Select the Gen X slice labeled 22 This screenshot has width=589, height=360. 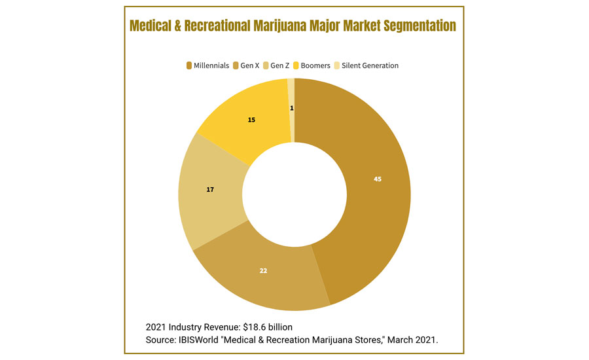[262, 275]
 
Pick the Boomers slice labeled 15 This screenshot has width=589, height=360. [252, 121]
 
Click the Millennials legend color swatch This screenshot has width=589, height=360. [189, 65]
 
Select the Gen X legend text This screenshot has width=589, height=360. [249, 65]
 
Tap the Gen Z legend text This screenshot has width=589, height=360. [280, 65]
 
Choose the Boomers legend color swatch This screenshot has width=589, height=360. [296, 65]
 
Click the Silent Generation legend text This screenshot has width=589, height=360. [370, 65]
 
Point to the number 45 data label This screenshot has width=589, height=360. [378, 179]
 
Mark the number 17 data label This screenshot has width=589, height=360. [210, 189]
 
